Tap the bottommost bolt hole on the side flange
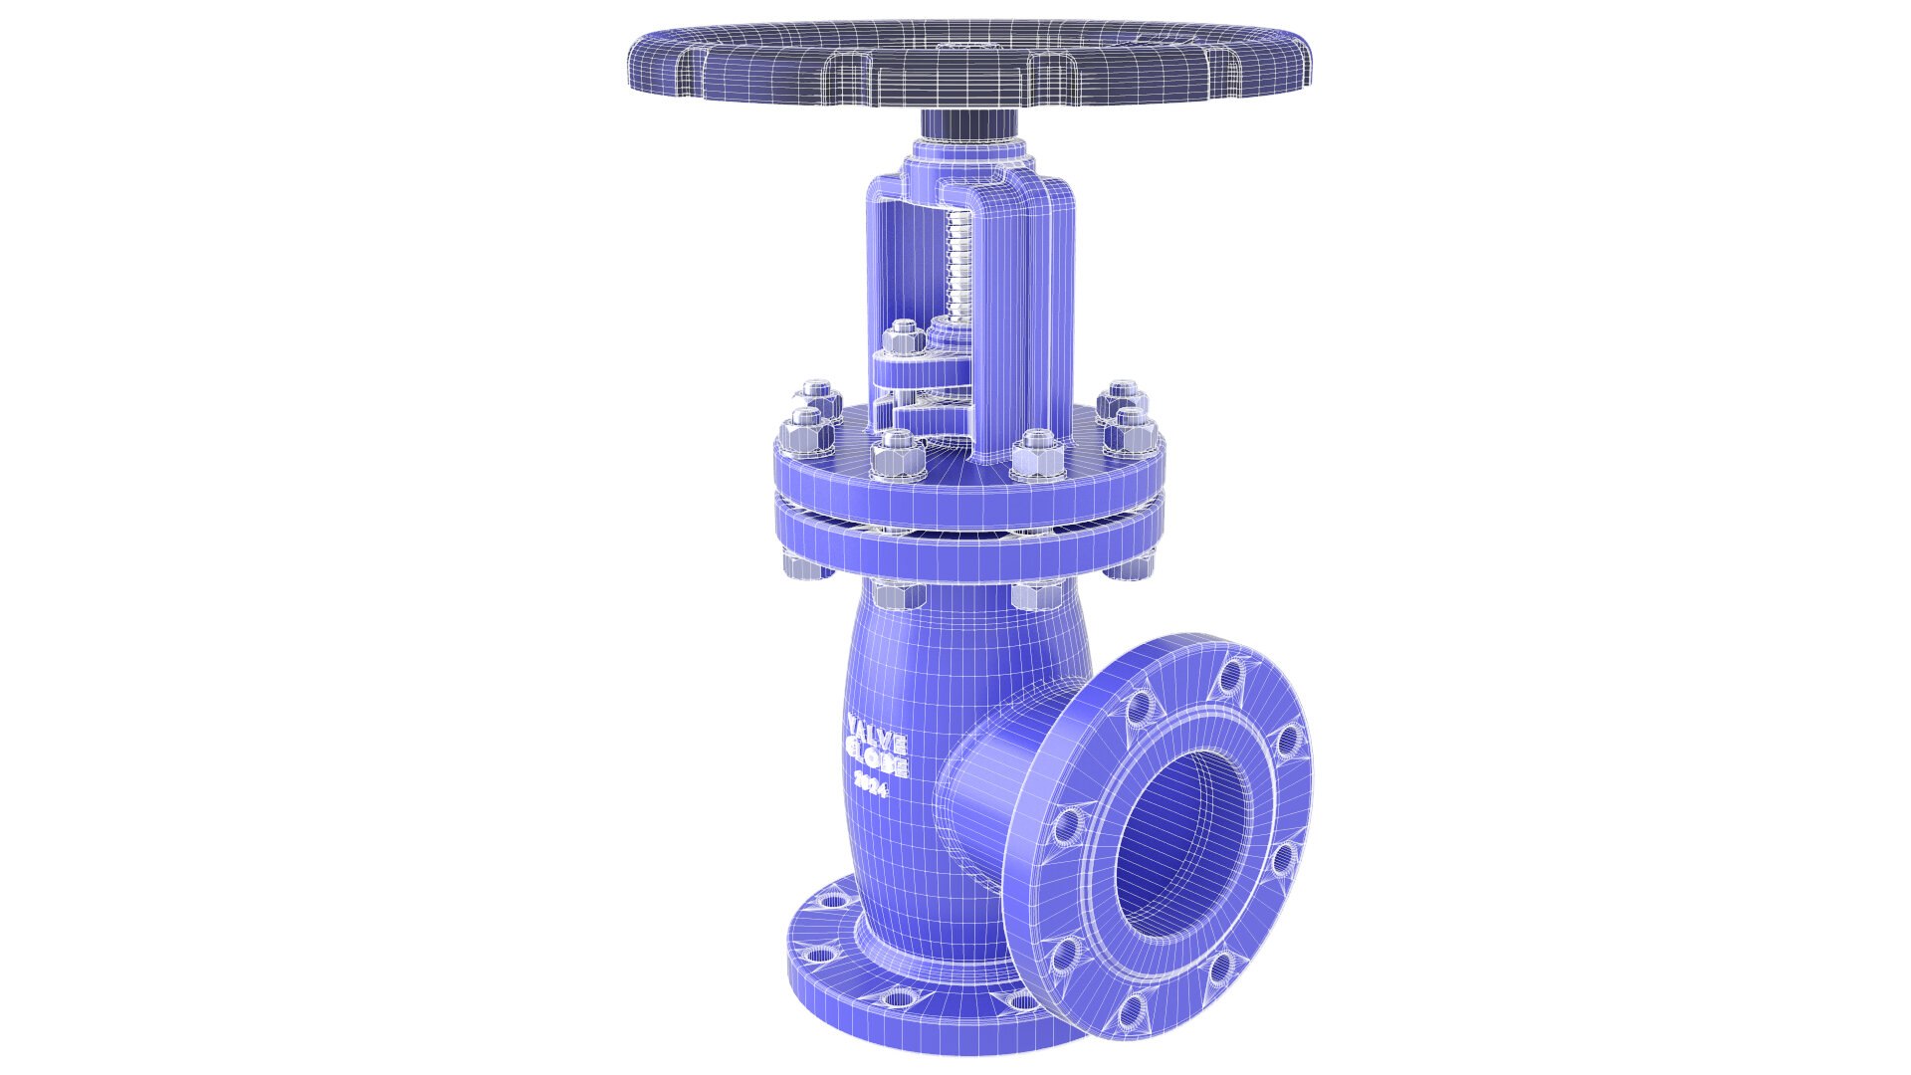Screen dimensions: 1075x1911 pyautogui.click(x=1129, y=1013)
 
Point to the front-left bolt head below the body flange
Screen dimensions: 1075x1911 pyautogui.click(x=900, y=596)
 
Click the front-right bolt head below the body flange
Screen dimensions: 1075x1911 pyautogui.click(x=1035, y=596)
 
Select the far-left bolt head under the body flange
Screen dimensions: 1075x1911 pyautogui.click(x=800, y=565)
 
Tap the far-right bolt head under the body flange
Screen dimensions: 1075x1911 pyautogui.click(x=1130, y=566)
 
